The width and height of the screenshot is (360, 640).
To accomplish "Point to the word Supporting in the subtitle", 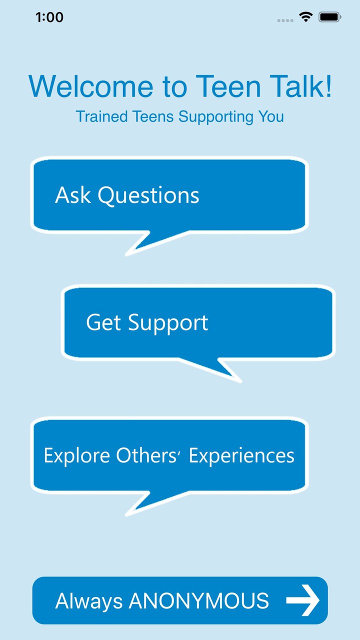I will click(x=216, y=117).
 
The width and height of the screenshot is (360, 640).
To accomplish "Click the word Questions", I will click(x=148, y=195).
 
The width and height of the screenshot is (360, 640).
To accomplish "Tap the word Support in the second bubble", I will click(x=168, y=323).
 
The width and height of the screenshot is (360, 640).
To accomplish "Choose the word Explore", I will click(x=77, y=455).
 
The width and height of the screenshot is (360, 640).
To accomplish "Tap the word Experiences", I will click(x=241, y=455).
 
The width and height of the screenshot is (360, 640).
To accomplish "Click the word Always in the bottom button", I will click(x=89, y=600).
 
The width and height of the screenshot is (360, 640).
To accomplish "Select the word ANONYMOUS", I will click(x=199, y=600).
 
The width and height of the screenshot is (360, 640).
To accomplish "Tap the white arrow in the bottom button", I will click(x=302, y=600).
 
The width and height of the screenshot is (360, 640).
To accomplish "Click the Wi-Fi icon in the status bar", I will click(x=305, y=17).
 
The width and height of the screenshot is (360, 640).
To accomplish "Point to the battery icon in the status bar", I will click(x=330, y=17).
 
